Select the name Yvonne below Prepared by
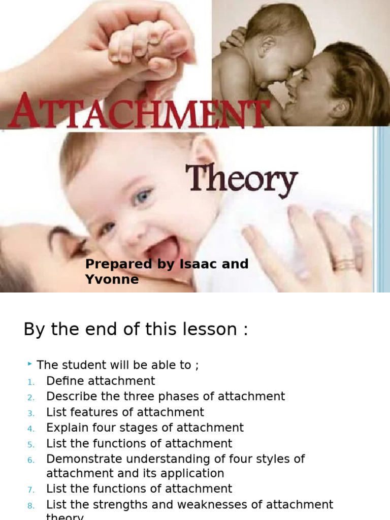click(x=112, y=279)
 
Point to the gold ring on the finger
click(x=344, y=265)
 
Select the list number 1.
click(x=30, y=382)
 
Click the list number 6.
click(x=30, y=460)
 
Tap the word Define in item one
click(x=66, y=381)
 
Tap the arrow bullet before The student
click(x=30, y=364)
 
